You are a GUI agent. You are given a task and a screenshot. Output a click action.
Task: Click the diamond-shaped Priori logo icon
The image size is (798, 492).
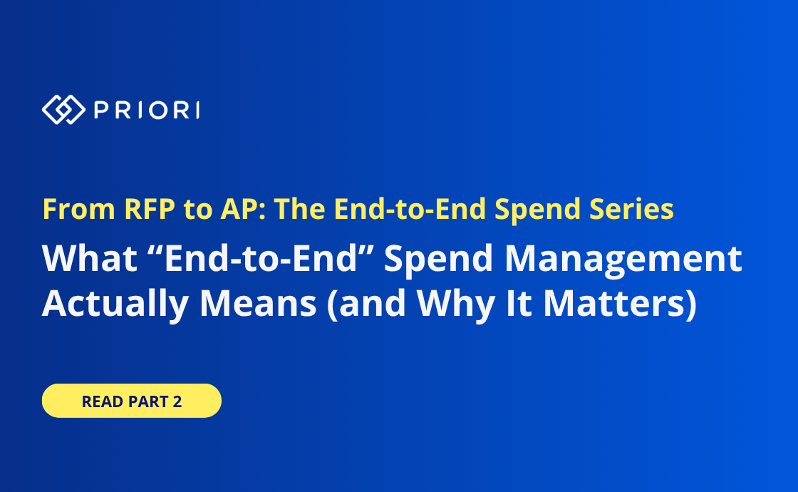click(x=63, y=110)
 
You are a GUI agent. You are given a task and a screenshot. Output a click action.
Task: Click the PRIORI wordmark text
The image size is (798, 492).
click(x=147, y=110)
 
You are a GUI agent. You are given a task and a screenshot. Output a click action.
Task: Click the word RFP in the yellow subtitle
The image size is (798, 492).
click(x=150, y=209)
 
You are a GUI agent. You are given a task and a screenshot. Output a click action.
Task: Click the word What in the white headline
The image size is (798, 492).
click(x=90, y=258)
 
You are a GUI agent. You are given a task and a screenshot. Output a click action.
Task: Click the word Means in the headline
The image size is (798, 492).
click(x=258, y=304)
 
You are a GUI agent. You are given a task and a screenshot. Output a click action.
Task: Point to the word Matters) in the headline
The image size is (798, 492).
click(x=620, y=304)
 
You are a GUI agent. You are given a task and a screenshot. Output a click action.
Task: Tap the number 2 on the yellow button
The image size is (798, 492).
click(x=177, y=401)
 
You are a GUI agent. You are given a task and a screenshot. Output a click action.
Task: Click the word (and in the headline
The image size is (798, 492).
click(x=366, y=304)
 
